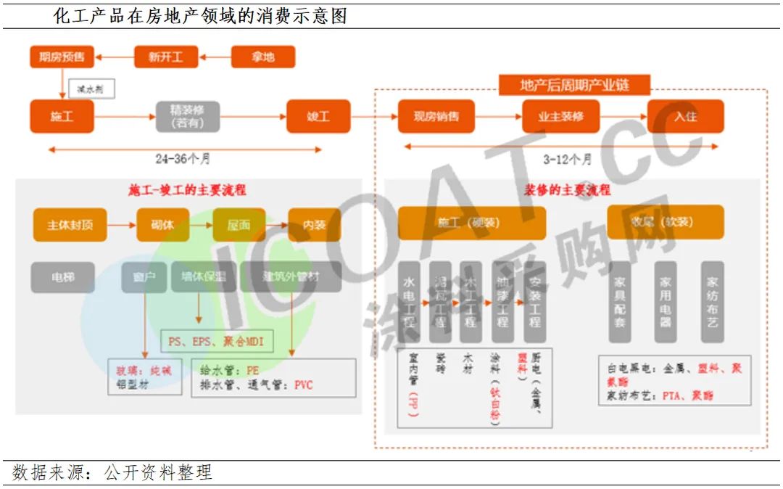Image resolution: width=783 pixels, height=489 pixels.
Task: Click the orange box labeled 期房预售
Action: tap(62, 57)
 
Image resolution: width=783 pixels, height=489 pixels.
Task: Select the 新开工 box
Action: tap(166, 57)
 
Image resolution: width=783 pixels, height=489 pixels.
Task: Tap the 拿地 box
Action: tap(262, 57)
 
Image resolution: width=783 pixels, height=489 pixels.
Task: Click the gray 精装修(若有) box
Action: tap(188, 116)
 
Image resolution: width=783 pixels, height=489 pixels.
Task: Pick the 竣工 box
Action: tap(318, 116)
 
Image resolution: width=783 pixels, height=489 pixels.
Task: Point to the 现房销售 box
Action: tap(436, 116)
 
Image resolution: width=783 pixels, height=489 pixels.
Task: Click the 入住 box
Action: tap(685, 116)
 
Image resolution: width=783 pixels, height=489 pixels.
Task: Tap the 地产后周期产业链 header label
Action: tap(574, 85)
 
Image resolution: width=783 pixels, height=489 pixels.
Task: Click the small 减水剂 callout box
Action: tap(91, 89)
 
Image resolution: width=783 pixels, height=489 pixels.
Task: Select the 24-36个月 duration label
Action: tap(183, 159)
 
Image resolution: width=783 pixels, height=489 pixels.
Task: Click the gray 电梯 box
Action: tap(62, 276)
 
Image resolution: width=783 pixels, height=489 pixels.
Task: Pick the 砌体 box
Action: tap(162, 225)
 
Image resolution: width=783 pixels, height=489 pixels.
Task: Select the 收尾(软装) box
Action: tap(666, 222)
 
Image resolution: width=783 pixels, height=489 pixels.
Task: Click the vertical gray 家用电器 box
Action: tap(666, 301)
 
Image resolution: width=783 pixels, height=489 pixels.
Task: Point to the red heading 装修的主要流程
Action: tap(568, 191)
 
